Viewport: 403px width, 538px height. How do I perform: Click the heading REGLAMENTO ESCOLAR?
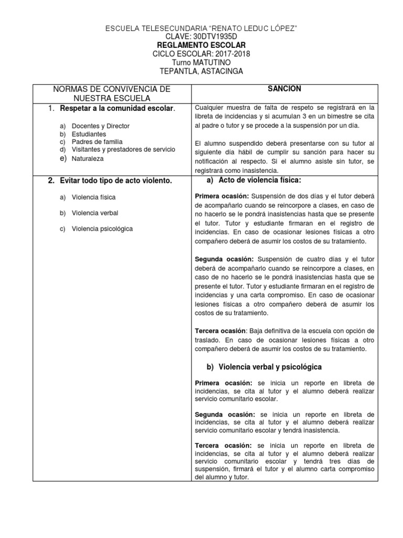201,45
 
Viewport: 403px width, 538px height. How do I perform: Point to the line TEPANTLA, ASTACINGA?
201,71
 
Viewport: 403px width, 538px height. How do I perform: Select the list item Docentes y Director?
101,126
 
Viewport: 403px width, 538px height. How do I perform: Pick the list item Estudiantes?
89,134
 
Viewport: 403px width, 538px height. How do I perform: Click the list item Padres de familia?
97,142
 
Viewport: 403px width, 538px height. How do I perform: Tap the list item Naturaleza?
88,158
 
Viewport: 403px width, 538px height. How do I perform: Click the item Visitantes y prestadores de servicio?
123,150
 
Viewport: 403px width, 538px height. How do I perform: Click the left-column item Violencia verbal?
95,213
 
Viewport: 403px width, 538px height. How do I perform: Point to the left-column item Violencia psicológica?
102,229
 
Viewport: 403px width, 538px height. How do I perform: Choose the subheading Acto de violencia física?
259,181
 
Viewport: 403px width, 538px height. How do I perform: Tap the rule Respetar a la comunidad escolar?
118,108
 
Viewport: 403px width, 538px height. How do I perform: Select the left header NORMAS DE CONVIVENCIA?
112,89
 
